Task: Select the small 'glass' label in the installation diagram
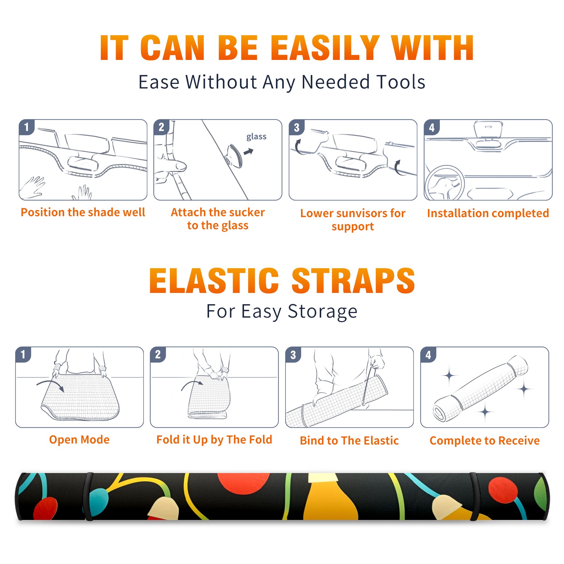(256, 137)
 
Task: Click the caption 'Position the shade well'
(83, 212)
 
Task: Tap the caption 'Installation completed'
(488, 213)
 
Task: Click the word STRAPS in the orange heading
(353, 281)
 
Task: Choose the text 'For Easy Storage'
(282, 311)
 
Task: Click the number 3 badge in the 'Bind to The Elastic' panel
(293, 355)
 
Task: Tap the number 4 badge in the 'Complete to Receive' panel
(428, 355)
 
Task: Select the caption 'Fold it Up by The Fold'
(214, 440)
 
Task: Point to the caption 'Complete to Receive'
(485, 441)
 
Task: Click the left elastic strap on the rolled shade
(88, 496)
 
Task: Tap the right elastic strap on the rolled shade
(474, 496)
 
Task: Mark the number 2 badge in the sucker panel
(161, 127)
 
